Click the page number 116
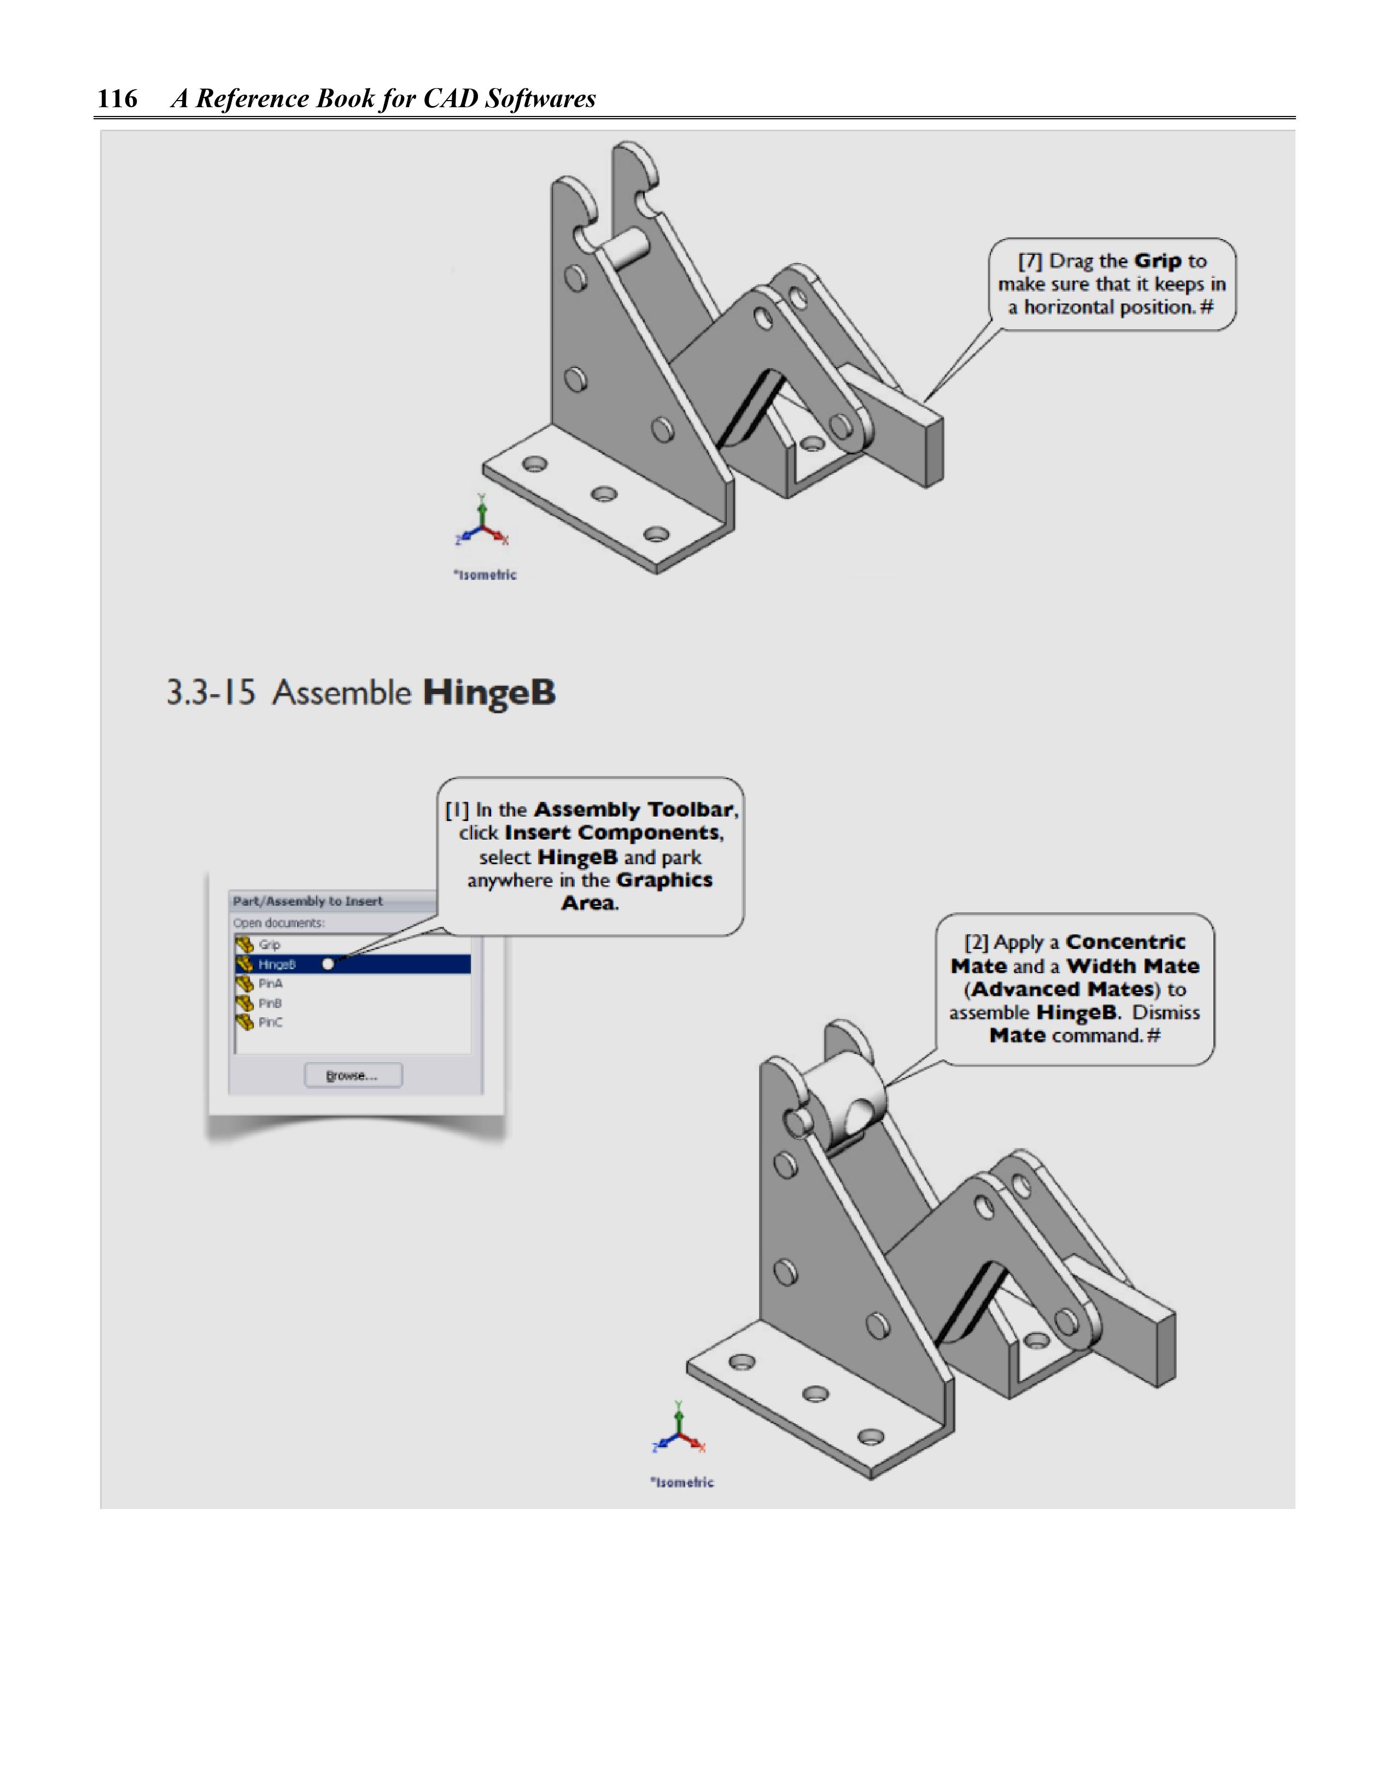tap(117, 98)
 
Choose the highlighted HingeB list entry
tap(277, 964)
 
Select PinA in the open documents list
tap(270, 984)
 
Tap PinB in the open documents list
tap(270, 1003)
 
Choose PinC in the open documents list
tap(270, 1023)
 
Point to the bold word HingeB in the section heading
tap(489, 693)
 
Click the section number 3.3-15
tap(211, 693)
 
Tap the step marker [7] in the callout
tap(1029, 261)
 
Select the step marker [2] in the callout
tap(976, 942)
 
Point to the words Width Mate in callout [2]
tap(1133, 966)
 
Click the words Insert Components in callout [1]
tap(612, 833)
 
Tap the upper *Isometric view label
tap(485, 575)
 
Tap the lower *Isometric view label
tap(682, 1482)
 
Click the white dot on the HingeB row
tap(328, 964)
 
